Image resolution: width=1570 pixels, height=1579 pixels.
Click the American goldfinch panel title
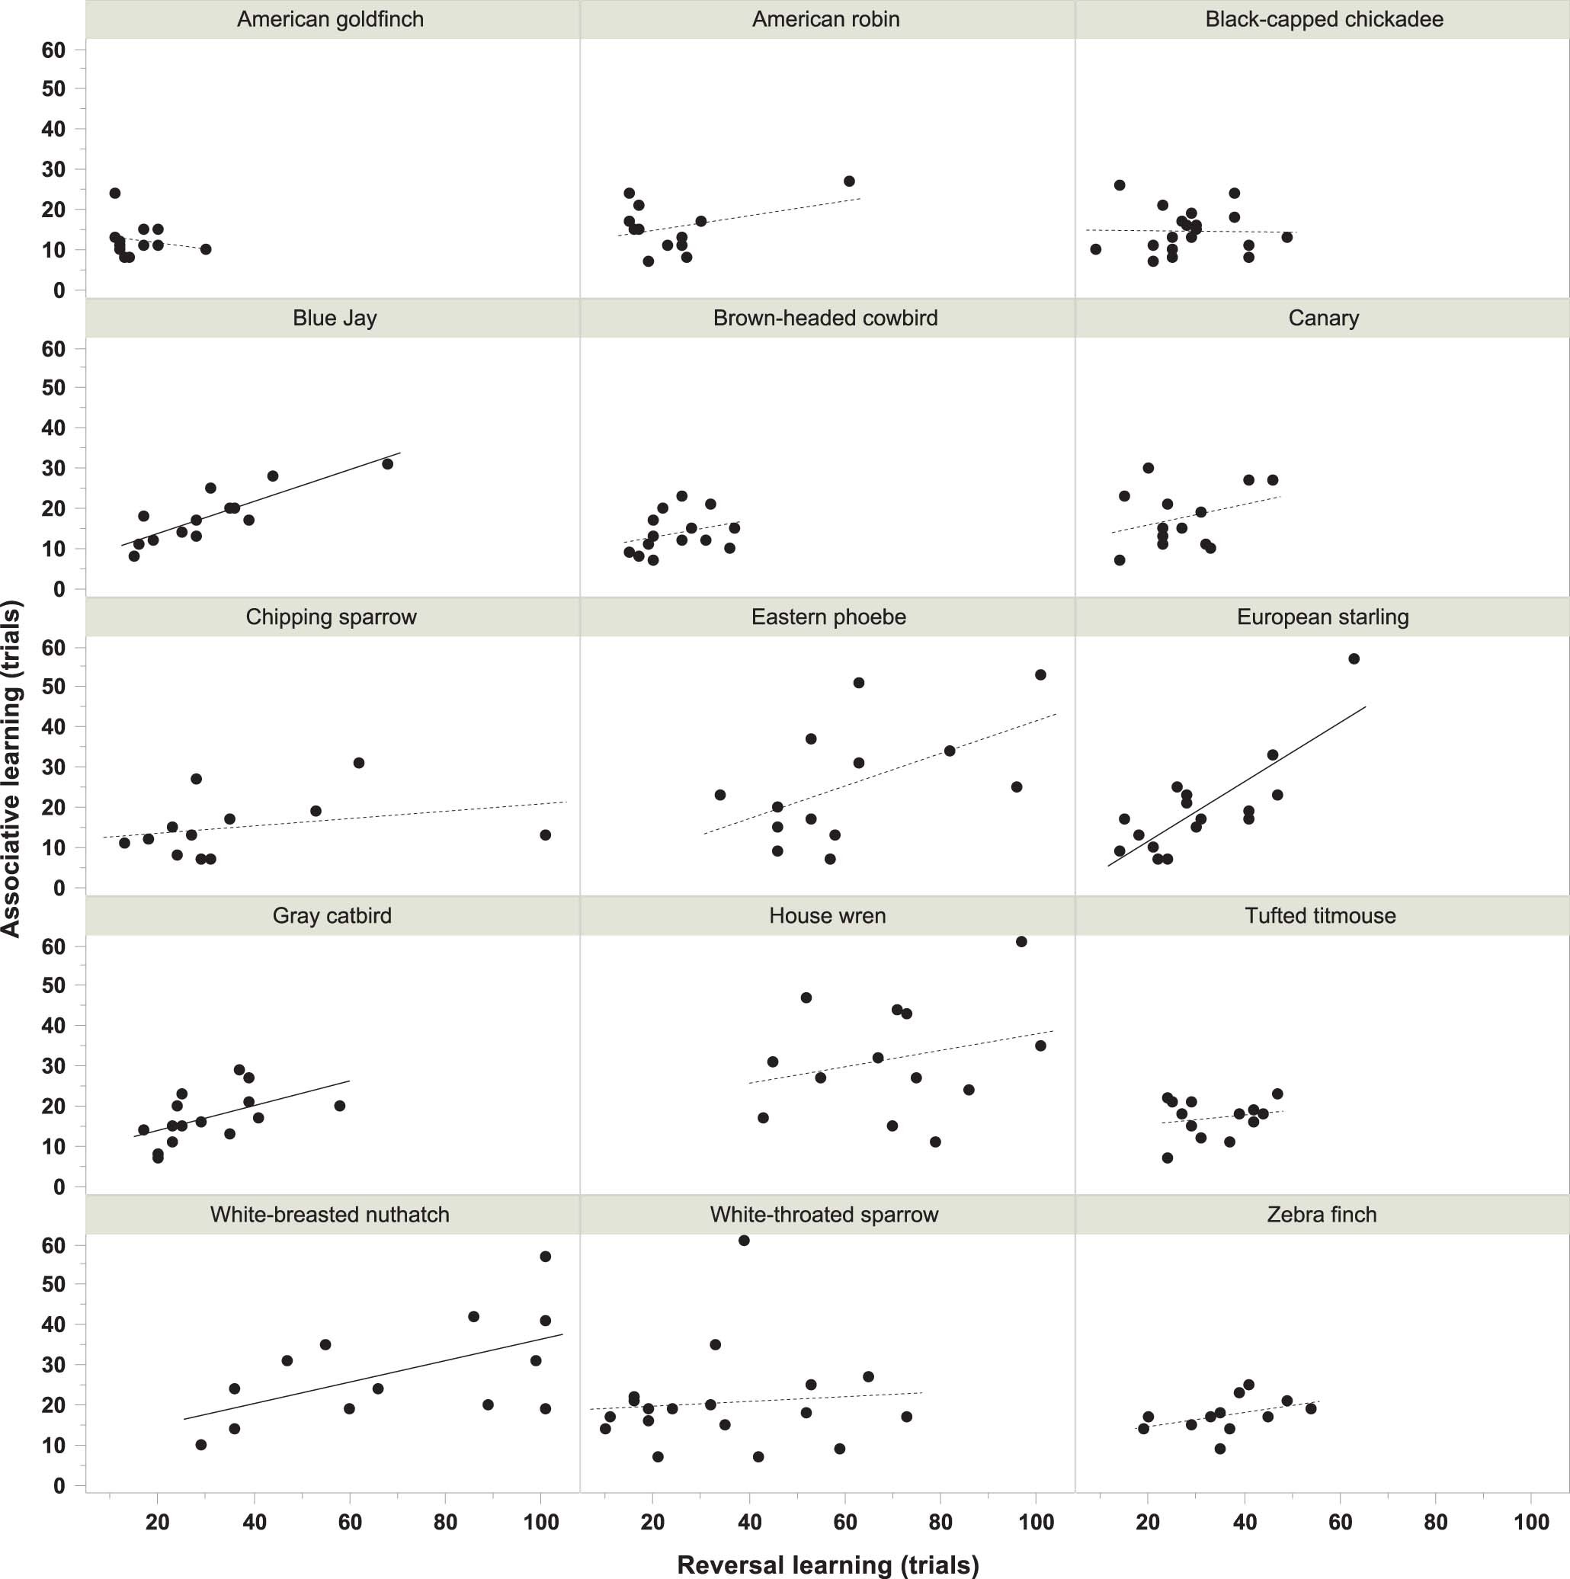(330, 20)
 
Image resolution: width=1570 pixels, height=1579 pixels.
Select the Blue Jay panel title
(335, 318)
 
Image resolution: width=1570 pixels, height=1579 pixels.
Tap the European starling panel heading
(1322, 617)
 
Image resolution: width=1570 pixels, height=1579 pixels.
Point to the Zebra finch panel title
(1322, 1215)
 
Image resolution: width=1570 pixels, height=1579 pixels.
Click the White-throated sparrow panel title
(824, 1215)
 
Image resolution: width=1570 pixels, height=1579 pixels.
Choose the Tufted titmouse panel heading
(1320, 915)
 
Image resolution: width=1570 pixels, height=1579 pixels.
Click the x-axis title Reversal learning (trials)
(827, 1564)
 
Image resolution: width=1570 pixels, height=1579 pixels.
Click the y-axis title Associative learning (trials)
(11, 768)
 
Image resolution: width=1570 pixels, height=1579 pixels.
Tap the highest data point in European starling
(1354, 658)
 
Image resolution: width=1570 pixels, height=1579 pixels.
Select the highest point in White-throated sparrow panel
(744, 1241)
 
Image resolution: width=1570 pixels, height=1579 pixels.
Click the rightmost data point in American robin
(849, 181)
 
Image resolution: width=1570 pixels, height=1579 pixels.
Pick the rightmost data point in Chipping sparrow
(545, 834)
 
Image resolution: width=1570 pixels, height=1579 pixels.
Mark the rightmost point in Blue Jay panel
(387, 464)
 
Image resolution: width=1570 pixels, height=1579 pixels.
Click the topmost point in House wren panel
(1020, 941)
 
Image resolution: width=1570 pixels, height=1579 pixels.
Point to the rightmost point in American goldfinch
(206, 249)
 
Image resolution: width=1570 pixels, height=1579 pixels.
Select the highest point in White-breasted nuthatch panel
(545, 1256)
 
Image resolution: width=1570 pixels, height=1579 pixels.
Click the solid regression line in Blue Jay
(261, 499)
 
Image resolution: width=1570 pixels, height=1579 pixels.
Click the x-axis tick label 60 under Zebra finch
(1340, 1522)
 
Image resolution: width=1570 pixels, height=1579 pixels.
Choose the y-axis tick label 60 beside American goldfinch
(53, 50)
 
